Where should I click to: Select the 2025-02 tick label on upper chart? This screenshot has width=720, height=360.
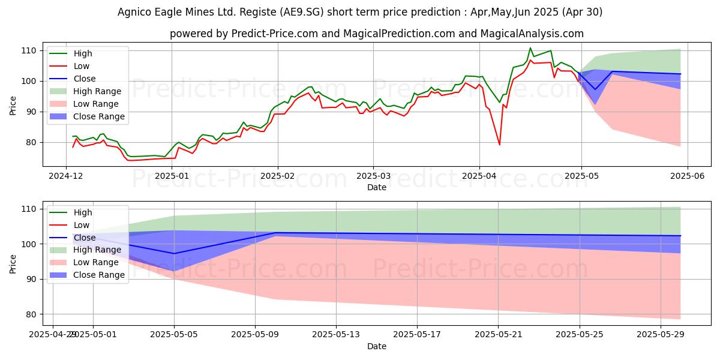coord(277,176)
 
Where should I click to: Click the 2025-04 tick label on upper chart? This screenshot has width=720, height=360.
coord(479,176)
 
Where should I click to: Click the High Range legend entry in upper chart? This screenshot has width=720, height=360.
coord(97,91)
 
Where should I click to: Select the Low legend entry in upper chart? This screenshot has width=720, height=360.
coord(82,66)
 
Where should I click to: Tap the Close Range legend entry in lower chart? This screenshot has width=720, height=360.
coord(99,275)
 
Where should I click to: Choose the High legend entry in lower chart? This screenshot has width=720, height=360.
coord(83,212)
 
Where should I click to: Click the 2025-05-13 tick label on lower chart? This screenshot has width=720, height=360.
coord(336,335)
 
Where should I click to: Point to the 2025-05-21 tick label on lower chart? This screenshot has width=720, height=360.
coord(498,335)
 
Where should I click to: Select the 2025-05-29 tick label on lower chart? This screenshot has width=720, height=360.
coord(660,335)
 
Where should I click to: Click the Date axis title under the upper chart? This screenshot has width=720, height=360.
coord(376,188)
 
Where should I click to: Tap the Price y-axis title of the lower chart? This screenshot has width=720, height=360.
coord(14,263)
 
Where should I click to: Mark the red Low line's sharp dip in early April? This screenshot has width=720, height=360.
coord(499,145)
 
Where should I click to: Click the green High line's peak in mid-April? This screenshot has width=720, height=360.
coord(530,48)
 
